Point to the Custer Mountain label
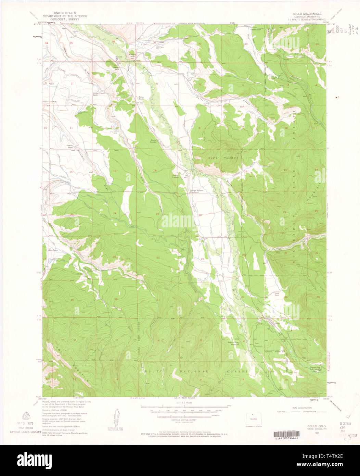pos(223,158)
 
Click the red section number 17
pos(200,171)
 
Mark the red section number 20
pos(200,215)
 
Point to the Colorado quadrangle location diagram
pos(254,419)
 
